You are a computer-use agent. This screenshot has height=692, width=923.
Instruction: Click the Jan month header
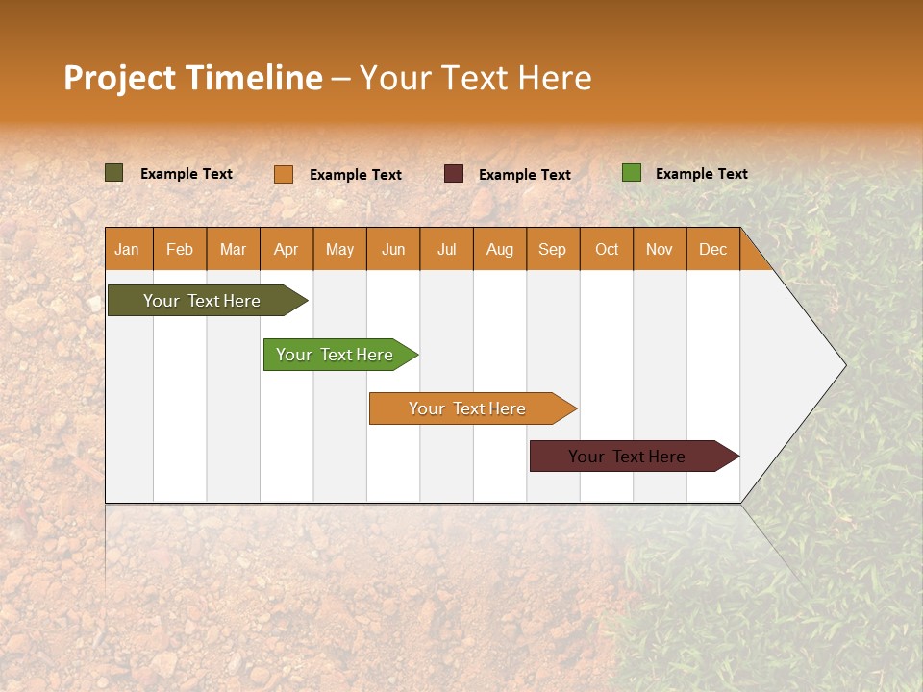128,249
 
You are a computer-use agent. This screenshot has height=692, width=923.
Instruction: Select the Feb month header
180,249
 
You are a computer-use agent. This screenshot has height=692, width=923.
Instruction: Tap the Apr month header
287,249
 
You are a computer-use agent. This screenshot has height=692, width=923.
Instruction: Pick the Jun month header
393,249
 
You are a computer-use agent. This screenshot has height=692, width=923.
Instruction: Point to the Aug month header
500,249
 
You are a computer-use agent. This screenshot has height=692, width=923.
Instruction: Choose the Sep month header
553,249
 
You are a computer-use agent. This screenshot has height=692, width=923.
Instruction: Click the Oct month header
607,249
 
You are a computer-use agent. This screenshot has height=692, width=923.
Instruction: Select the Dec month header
713,249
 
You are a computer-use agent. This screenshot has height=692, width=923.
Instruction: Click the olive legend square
114,173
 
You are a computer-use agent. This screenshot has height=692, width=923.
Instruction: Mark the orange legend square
284,174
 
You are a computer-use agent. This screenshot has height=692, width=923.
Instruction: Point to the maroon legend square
454,174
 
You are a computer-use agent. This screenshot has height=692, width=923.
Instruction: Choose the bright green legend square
632,173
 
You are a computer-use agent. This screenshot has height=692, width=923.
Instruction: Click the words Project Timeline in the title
193,78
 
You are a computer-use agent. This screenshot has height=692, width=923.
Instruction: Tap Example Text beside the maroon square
525,175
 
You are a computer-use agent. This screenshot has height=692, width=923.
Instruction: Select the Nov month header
660,249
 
